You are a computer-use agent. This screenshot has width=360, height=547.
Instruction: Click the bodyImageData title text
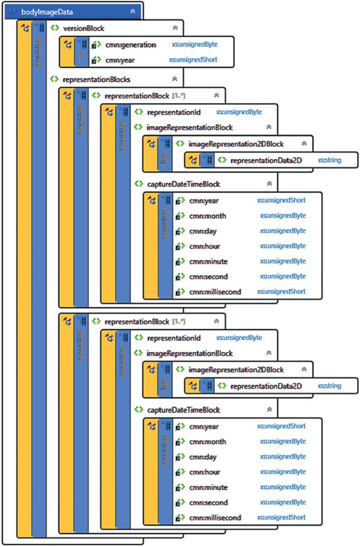[47, 12]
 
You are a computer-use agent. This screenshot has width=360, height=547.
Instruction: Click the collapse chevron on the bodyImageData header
[133, 12]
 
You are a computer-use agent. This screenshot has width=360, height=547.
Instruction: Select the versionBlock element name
[84, 29]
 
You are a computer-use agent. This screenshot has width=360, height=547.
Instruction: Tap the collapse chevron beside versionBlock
[176, 28]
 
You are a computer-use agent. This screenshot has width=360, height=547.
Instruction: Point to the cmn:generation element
[131, 45]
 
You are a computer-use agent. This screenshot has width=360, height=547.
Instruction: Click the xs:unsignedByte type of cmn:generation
[195, 44]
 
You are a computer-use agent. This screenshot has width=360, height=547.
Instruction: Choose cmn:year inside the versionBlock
[120, 60]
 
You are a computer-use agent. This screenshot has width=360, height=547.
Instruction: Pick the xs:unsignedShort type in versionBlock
[193, 60]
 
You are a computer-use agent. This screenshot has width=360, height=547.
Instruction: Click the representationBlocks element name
[97, 79]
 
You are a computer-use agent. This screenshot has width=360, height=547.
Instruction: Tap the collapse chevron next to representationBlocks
[174, 79]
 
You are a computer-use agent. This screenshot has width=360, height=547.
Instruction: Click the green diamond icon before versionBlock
[54, 28]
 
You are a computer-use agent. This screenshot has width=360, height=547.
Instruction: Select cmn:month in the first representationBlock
[208, 216]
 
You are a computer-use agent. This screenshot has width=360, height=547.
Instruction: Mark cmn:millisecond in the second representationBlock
[215, 518]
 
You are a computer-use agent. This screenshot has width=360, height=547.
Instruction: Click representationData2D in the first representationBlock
[266, 161]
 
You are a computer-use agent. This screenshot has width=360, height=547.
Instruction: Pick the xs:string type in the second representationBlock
[330, 386]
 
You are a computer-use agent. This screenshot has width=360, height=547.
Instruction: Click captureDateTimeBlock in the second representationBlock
[184, 410]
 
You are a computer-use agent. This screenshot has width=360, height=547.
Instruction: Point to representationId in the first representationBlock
[174, 112]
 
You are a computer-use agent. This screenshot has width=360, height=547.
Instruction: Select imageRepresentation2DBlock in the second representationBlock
[236, 370]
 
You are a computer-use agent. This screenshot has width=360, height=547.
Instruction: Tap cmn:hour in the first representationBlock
[205, 246]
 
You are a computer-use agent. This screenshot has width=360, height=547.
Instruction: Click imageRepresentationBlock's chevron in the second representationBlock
[269, 353]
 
